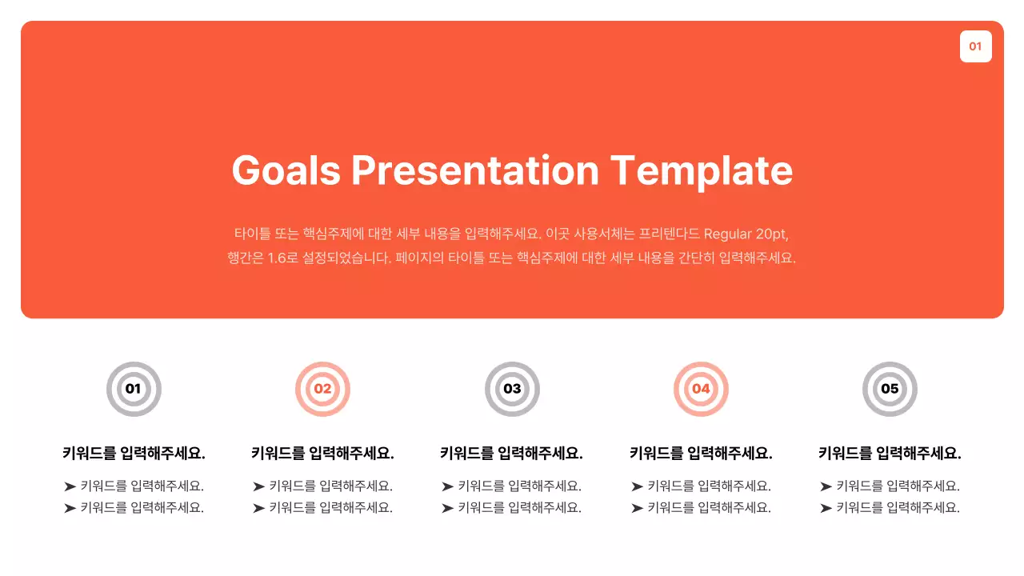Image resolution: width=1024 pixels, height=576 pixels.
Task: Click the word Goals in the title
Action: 286,170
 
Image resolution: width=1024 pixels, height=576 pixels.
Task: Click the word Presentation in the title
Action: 475,170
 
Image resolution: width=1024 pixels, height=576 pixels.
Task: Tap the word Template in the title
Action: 702,170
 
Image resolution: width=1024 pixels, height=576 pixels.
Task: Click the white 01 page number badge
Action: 975,46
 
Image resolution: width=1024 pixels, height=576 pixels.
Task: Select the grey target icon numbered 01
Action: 134,390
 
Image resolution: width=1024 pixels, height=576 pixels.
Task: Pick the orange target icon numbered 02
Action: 322,390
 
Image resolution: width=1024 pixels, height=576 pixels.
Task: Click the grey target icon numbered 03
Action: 512,390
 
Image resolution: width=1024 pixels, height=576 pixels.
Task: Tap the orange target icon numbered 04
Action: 701,390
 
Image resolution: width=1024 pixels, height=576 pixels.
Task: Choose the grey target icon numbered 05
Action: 890,390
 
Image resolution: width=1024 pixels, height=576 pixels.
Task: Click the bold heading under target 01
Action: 134,454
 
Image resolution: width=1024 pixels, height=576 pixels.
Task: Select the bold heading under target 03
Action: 512,454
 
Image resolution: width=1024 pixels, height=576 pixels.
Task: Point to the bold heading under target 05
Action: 890,454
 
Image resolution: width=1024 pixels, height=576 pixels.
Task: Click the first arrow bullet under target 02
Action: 258,486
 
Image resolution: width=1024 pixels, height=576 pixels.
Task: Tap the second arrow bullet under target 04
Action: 637,508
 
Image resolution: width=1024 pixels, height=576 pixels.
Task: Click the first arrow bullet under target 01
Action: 70,486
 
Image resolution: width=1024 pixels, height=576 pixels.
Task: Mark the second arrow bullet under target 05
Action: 826,508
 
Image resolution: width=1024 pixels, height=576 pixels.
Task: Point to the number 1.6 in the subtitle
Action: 277,258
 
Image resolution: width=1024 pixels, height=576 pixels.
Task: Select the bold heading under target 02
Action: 322,454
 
